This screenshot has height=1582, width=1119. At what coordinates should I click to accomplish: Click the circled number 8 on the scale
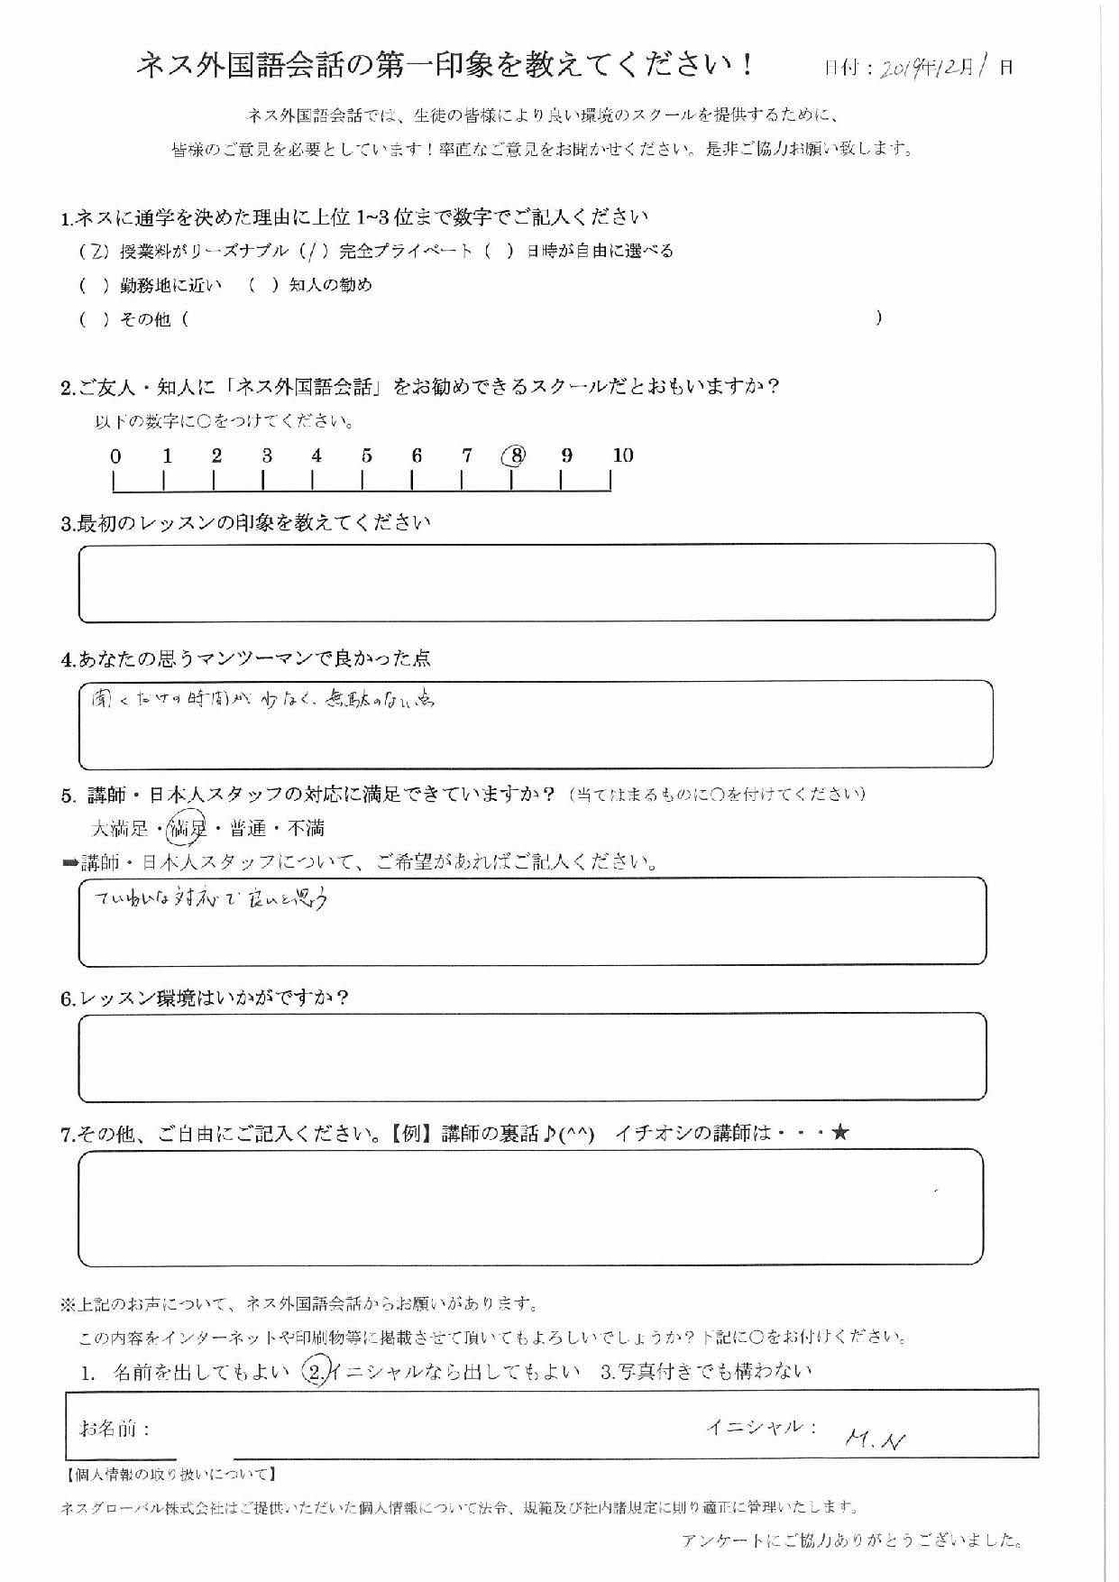pyautogui.click(x=516, y=455)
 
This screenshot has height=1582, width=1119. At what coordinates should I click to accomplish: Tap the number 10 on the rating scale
pyautogui.click(x=622, y=455)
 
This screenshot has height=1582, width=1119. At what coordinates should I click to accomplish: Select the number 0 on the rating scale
pyautogui.click(x=115, y=456)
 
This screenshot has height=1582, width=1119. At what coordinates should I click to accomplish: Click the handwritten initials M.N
pyautogui.click(x=876, y=1440)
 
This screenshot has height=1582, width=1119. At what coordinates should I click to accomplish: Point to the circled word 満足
pyautogui.click(x=188, y=826)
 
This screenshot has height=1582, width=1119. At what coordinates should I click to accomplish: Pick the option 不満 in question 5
pyautogui.click(x=306, y=827)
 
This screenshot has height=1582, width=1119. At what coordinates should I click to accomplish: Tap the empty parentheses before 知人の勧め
pyautogui.click(x=262, y=285)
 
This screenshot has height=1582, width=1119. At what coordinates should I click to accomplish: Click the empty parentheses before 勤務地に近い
pyautogui.click(x=94, y=286)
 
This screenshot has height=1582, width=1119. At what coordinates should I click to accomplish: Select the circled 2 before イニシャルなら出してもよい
pyautogui.click(x=316, y=1372)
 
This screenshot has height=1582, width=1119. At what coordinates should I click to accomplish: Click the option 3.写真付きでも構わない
pyautogui.click(x=706, y=1372)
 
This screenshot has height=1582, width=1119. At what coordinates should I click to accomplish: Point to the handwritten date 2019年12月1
pyautogui.click(x=934, y=67)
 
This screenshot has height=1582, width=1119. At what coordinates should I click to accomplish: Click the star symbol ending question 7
pyautogui.click(x=839, y=1132)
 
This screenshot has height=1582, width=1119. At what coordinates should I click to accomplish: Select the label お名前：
pyautogui.click(x=115, y=1429)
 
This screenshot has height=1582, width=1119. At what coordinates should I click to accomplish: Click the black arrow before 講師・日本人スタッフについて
pyautogui.click(x=69, y=863)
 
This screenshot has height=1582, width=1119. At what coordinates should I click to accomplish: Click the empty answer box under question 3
pyautogui.click(x=537, y=583)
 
